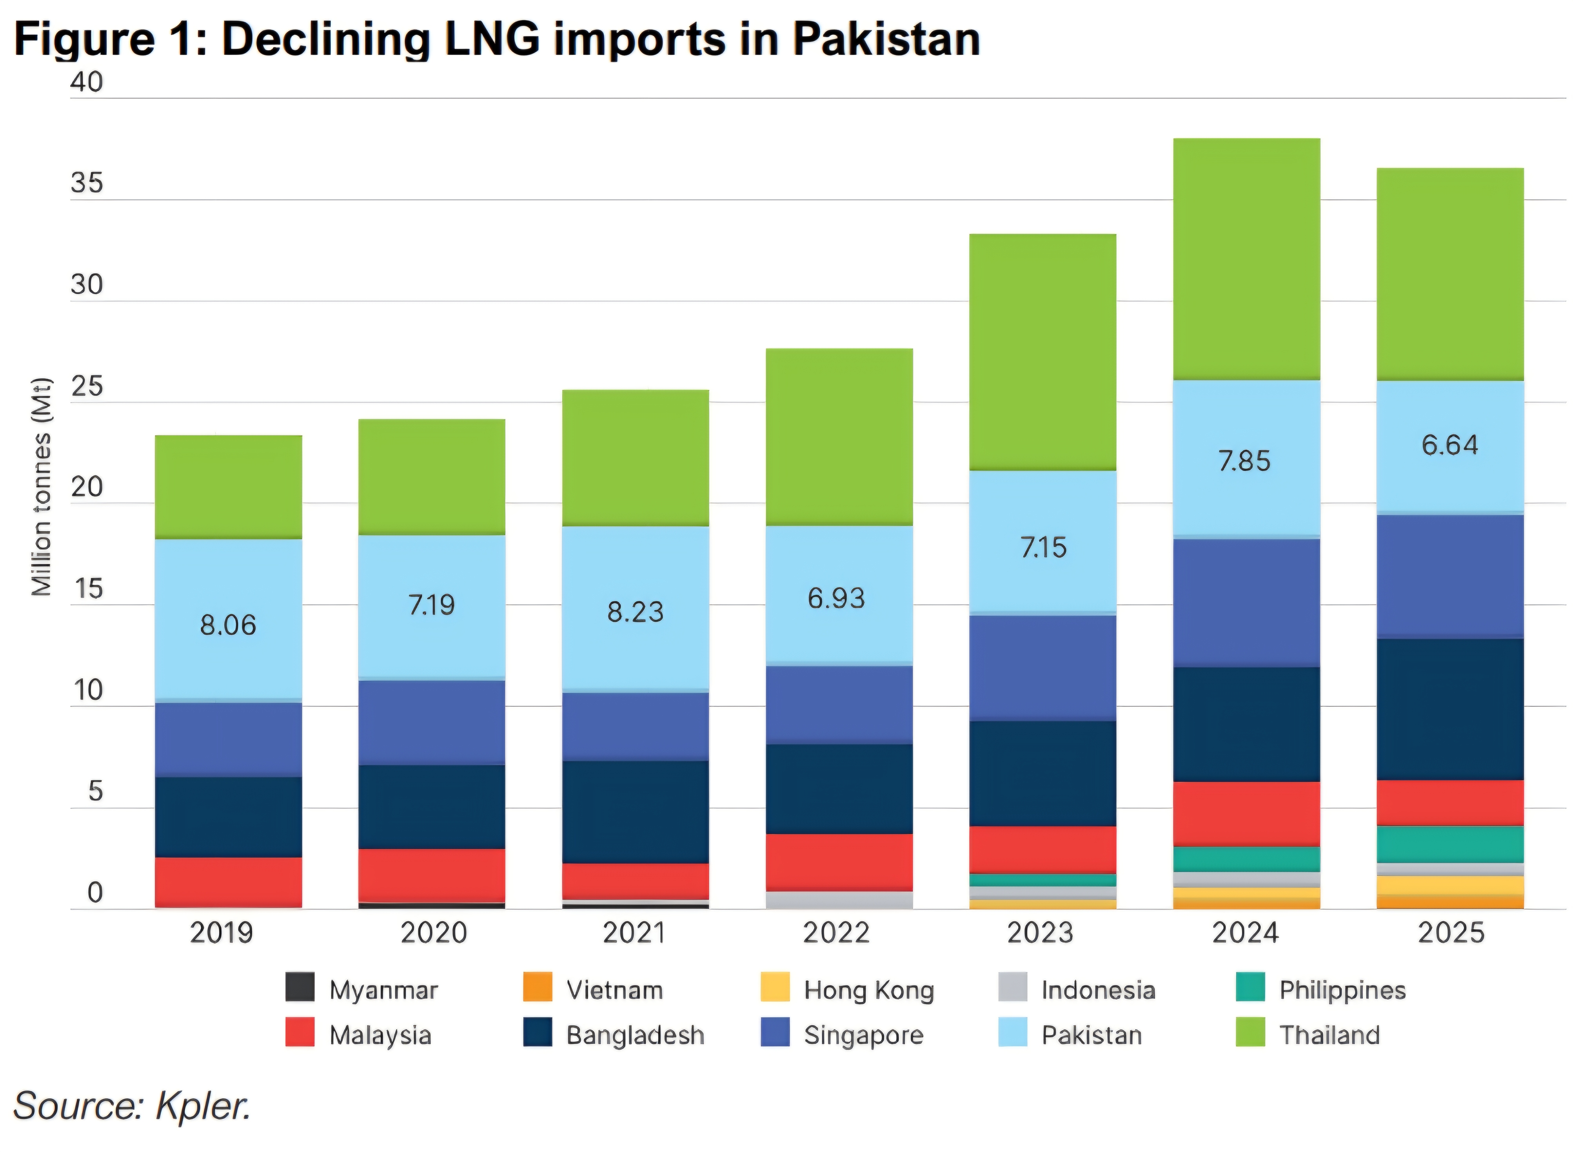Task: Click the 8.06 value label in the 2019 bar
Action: pyautogui.click(x=228, y=625)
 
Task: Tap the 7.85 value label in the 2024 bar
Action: pyautogui.click(x=1244, y=461)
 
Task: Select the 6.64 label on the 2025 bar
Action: pyautogui.click(x=1449, y=445)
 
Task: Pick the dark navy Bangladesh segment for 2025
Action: pyautogui.click(x=1449, y=709)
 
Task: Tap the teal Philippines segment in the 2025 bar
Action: pyautogui.click(x=1449, y=844)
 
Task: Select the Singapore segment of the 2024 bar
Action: pyautogui.click(x=1246, y=603)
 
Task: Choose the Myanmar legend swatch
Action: pyautogui.click(x=300, y=987)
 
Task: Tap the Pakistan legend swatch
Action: pyautogui.click(x=1013, y=1033)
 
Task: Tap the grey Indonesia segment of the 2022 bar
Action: pyautogui.click(x=839, y=900)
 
